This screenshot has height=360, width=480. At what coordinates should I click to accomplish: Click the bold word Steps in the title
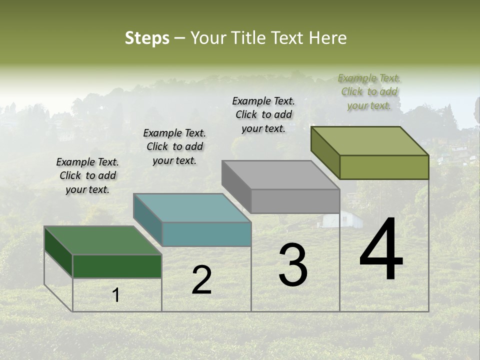pos(147,38)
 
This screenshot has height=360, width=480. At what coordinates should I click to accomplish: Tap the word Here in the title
pos(328,38)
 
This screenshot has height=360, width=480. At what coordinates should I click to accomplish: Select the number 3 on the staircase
pos(292,265)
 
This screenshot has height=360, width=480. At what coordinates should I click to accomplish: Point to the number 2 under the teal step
pos(201,280)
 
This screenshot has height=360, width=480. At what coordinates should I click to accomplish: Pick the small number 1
pos(115,295)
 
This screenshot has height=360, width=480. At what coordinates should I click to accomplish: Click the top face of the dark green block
pos(103,240)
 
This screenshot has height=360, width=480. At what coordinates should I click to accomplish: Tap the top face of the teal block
pos(192,207)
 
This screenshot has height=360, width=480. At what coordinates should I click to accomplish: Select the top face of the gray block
pos(280,175)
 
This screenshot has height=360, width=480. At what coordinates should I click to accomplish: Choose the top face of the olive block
pos(369,141)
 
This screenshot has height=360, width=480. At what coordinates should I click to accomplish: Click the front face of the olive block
pos(384,167)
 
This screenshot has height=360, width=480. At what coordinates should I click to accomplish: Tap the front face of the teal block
pos(206,234)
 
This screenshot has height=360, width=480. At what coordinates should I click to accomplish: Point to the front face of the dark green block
pos(117,266)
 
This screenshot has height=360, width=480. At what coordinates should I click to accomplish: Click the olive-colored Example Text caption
pos(369,92)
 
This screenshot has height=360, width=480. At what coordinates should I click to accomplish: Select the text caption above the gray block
pos(263,114)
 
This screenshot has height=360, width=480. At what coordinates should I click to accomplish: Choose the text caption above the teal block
pos(174,146)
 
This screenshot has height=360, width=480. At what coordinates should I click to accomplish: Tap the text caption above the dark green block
pos(87,175)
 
